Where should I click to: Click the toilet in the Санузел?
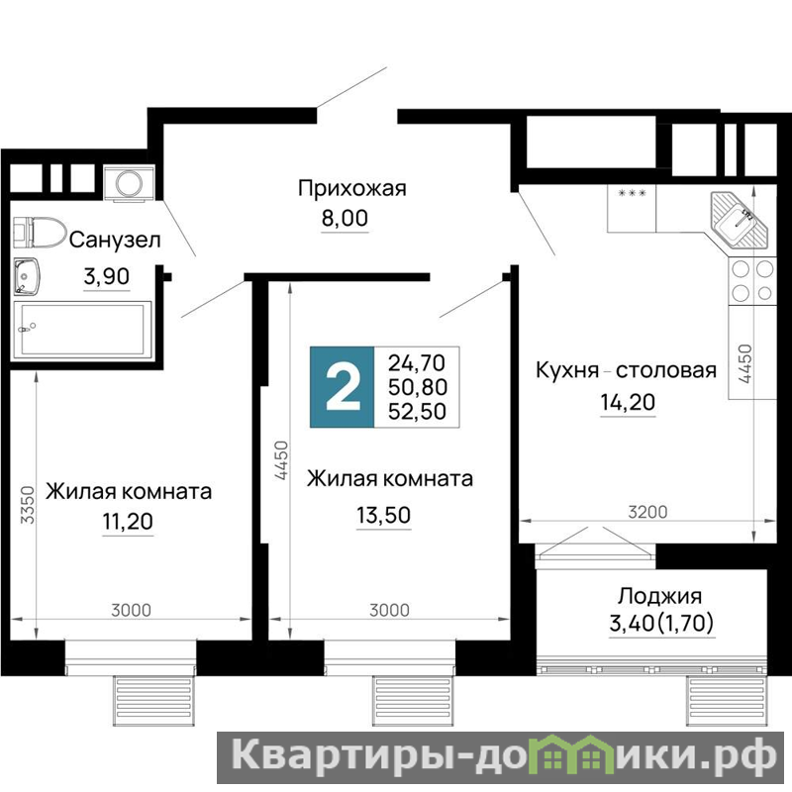click(40, 233)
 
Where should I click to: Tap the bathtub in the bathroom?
click(82, 330)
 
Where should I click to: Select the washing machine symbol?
click(129, 183)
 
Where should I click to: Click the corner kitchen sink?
click(739, 220)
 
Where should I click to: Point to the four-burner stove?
click(752, 280)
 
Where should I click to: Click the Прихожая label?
click(352, 188)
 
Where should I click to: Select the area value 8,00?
click(345, 218)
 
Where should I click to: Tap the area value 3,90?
click(107, 276)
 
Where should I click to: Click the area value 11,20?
click(128, 522)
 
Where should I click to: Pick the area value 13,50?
click(384, 515)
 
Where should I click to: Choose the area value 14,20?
click(628, 403)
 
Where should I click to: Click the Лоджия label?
click(659, 597)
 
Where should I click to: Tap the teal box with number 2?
click(342, 387)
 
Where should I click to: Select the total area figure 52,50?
click(417, 412)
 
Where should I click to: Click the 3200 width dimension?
click(648, 512)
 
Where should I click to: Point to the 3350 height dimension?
click(28, 505)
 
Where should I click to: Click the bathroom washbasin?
click(27, 276)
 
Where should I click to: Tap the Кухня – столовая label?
click(626, 370)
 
